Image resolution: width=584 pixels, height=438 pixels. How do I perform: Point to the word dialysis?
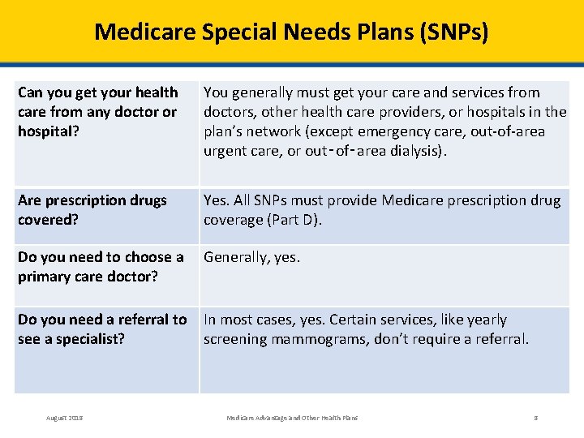coord(417,151)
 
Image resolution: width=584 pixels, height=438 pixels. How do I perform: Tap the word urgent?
coord(226,151)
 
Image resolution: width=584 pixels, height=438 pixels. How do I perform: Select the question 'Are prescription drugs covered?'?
coord(92,210)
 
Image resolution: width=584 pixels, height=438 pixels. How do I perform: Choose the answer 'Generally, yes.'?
coord(251,257)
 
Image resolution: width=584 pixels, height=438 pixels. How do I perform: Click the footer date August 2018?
coord(64,418)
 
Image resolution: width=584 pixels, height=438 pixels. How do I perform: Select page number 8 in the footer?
coord(535,418)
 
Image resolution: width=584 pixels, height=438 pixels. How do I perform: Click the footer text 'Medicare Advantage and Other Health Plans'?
coord(291,418)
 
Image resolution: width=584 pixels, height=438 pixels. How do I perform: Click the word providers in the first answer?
coord(380,112)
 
